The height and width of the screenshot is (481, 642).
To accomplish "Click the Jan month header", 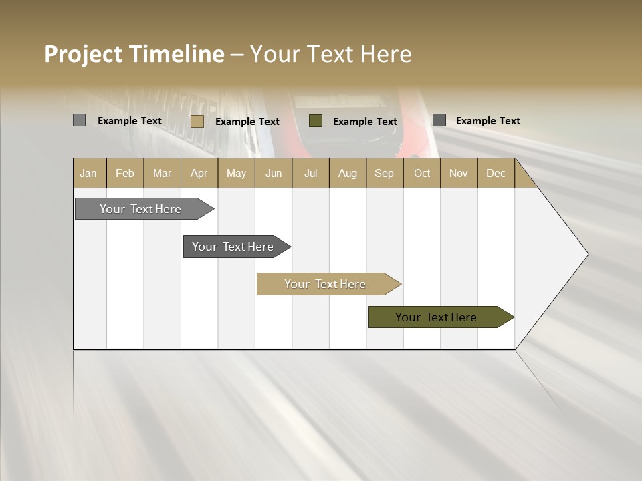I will pos(89,173).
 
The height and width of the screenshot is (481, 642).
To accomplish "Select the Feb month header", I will pos(125,173).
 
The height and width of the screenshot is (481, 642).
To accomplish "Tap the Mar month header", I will pos(162,173).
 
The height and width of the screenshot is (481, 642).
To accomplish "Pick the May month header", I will pos(236,173).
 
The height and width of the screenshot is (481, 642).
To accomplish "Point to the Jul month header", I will pos(310,173).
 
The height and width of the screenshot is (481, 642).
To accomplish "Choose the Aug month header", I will pos(347,173).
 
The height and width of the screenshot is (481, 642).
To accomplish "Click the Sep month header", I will pos(384,173).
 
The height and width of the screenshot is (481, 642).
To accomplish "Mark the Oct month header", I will pos(421,173).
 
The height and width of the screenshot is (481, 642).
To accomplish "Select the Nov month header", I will pos(458,173).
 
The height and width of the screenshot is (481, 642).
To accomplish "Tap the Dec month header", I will pos(496,173).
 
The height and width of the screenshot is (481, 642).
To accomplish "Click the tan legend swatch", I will pos(197,121).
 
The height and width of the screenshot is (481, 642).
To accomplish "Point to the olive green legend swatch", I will pos(316,120).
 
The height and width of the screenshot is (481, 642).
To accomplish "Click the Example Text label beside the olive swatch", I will pos(364,121).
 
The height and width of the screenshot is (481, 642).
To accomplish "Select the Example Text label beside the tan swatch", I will pos(247,121).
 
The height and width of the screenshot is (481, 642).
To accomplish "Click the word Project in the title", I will pos(84,54).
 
